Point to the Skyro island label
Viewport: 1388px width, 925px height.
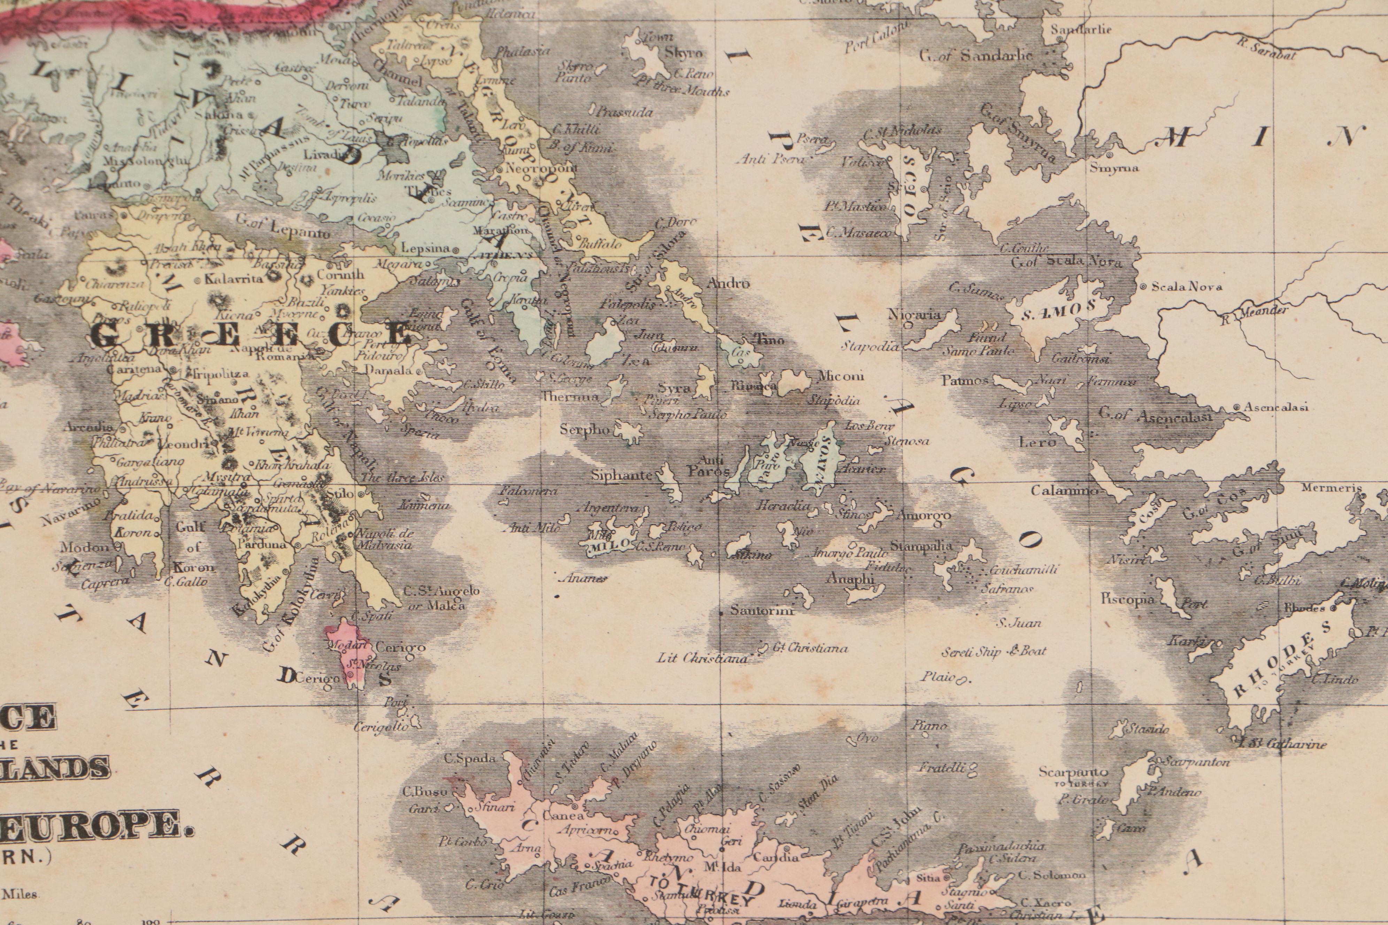coord(684,53)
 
